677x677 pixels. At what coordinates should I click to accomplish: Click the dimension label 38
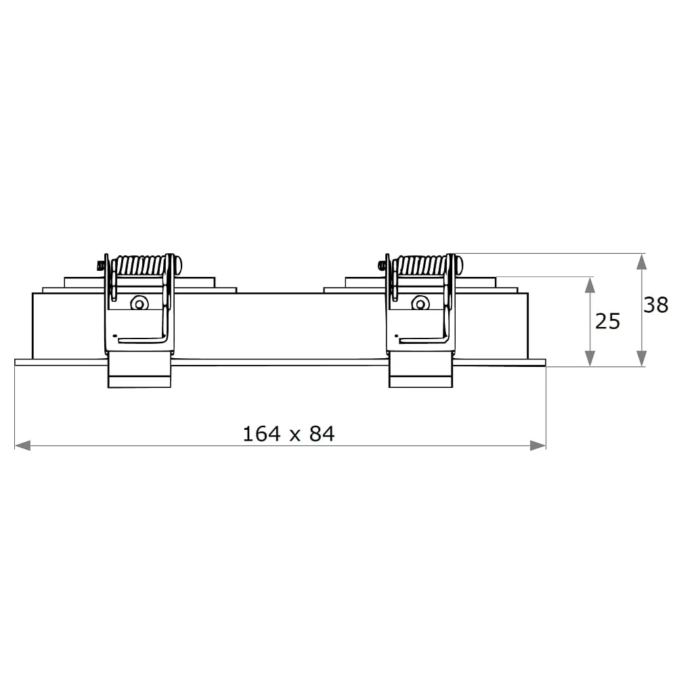[655, 305]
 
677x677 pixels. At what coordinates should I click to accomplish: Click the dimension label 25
[607, 321]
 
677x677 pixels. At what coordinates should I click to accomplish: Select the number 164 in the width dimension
[261, 434]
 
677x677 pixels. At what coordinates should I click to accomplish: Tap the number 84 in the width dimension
[322, 434]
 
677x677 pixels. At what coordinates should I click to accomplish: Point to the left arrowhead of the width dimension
[22, 445]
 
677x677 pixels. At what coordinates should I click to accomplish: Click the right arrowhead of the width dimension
[538, 445]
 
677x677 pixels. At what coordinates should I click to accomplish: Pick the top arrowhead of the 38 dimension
[642, 261]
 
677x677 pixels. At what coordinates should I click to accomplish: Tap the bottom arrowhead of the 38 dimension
[642, 359]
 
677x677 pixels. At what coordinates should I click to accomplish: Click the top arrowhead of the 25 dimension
[590, 285]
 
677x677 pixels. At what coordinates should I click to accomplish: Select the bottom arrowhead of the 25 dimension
[590, 359]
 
